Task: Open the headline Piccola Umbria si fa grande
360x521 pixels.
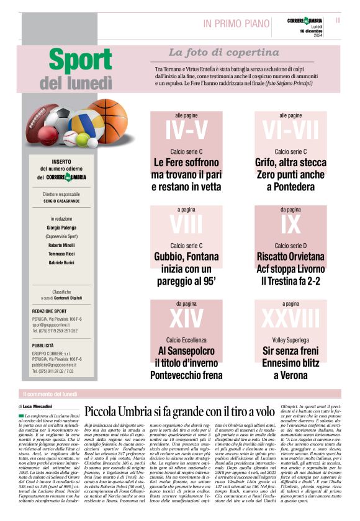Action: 179,411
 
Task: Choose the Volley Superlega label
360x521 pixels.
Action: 290,339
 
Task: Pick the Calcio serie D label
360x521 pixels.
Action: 290,246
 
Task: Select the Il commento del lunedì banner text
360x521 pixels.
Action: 50,394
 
